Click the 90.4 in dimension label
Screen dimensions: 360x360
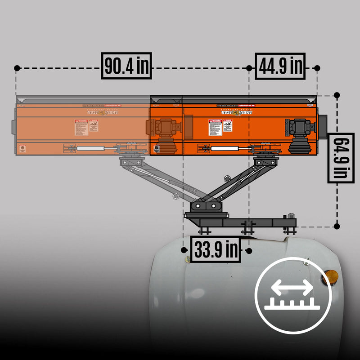point(126,66)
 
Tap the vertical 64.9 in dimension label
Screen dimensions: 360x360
point(337,158)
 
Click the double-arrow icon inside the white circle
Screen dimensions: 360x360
point(293,287)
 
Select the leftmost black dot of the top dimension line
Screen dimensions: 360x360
point(17,68)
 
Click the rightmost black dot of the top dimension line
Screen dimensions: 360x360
point(317,68)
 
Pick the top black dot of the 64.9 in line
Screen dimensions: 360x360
point(337,96)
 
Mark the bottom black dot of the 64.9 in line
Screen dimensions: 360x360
point(337,226)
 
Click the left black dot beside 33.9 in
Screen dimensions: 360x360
point(184,250)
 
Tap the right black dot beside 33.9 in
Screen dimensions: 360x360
point(249,250)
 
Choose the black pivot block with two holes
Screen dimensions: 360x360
point(206,206)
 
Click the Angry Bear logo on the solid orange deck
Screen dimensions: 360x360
point(234,111)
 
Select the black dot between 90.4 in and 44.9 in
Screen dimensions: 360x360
point(249,68)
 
